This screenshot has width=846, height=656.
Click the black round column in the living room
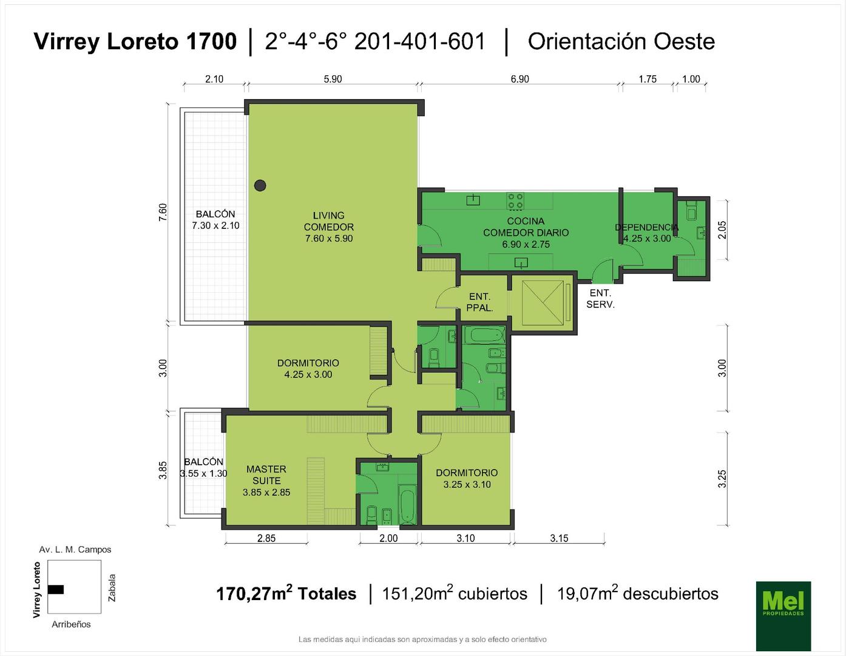pyautogui.click(x=260, y=185)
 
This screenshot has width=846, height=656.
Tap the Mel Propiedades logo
pyautogui.click(x=783, y=615)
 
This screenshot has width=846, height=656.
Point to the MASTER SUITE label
pyautogui.click(x=266, y=474)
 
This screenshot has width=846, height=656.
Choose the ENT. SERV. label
pyautogui.click(x=600, y=299)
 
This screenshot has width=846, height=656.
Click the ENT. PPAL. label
pyautogui.click(x=479, y=302)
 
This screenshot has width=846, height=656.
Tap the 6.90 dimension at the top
pyautogui.click(x=519, y=79)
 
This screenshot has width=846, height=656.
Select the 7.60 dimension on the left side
pyautogui.click(x=163, y=213)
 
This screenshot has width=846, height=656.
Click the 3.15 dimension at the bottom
pyautogui.click(x=559, y=538)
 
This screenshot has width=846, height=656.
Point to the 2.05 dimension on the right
pyautogui.click(x=722, y=230)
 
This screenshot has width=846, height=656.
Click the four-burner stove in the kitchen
pyautogui.click(x=515, y=201)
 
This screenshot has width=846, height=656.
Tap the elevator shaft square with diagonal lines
pyautogui.click(x=543, y=302)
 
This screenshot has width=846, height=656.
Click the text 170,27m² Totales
pyautogui.click(x=286, y=593)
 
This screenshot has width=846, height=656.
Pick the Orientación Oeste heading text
pyautogui.click(x=621, y=42)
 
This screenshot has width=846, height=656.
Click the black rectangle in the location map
pyautogui.click(x=56, y=589)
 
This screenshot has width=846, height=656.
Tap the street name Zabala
pyautogui.click(x=112, y=588)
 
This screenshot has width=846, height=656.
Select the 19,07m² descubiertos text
pyautogui.click(x=638, y=593)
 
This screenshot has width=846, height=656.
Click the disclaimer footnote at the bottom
pyautogui.click(x=422, y=639)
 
